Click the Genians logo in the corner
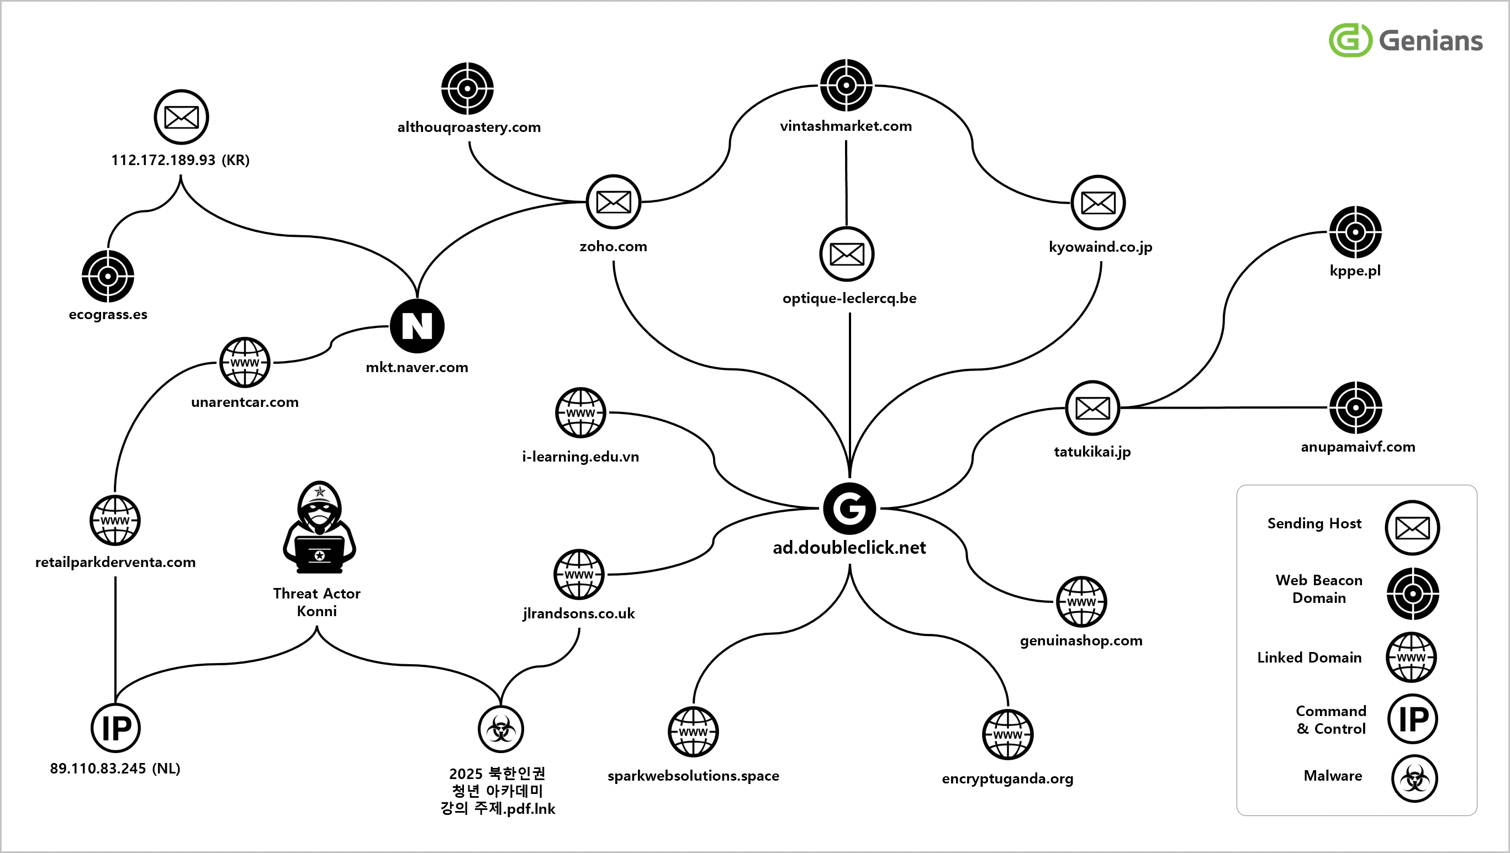[x=1406, y=40]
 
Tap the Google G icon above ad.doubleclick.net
[x=849, y=508]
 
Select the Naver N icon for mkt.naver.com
[x=417, y=326]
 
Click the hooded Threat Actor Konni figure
[x=319, y=527]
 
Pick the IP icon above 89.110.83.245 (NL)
[x=115, y=728]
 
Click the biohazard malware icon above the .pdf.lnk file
[x=500, y=729]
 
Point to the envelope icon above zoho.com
[x=613, y=202]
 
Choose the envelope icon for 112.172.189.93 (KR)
[x=181, y=117]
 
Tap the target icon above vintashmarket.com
[x=846, y=86]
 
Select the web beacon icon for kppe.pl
[x=1355, y=232]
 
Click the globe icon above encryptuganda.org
[x=1007, y=734]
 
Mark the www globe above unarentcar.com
[x=245, y=362]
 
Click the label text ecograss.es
[x=108, y=315]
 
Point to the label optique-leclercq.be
[x=849, y=298]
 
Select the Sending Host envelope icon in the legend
[x=1412, y=528]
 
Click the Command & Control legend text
[x=1331, y=719]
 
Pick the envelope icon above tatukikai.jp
[x=1092, y=408]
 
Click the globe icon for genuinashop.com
[x=1081, y=602]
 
